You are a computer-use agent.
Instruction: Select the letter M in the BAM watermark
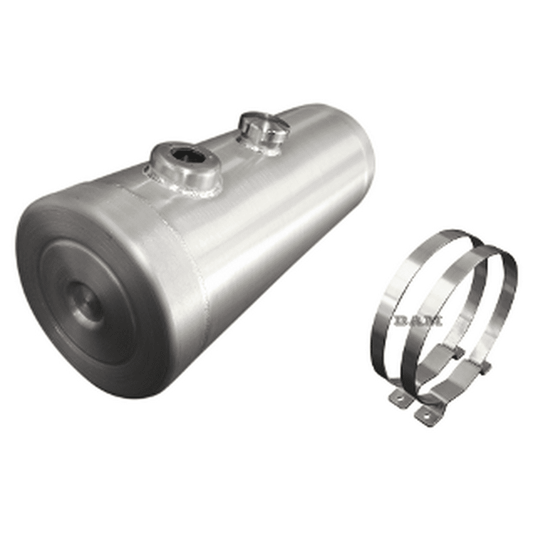click(x=435, y=320)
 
